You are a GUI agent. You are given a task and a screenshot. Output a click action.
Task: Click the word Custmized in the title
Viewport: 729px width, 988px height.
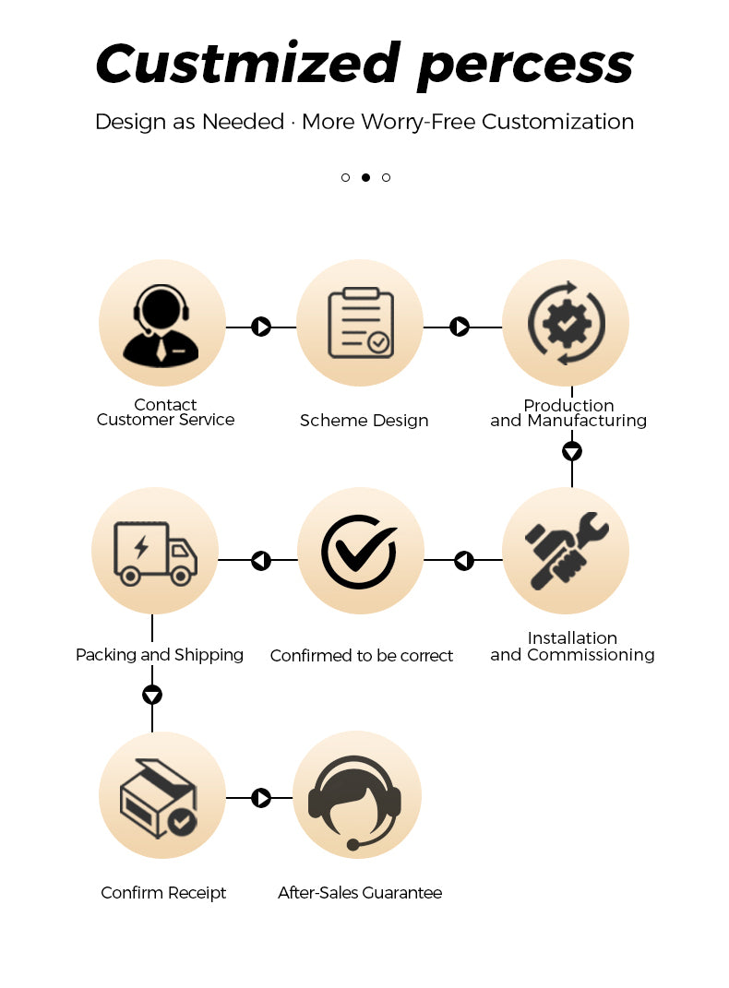click(247, 63)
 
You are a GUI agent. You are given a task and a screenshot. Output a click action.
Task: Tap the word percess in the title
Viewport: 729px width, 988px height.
click(525, 67)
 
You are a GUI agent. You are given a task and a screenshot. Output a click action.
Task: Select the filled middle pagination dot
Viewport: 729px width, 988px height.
click(365, 178)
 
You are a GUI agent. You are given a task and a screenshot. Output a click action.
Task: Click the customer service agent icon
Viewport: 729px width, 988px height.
click(161, 325)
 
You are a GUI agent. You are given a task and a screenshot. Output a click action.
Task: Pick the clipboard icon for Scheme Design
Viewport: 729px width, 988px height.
click(361, 323)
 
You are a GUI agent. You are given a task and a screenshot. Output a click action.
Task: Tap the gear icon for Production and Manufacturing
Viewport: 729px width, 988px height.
click(567, 323)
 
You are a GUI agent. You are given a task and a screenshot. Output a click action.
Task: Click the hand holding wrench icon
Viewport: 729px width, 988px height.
click(567, 551)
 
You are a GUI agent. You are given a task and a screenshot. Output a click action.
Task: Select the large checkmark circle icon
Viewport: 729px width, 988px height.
click(359, 552)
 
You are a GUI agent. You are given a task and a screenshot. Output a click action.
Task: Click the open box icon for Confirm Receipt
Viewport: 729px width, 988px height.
click(158, 798)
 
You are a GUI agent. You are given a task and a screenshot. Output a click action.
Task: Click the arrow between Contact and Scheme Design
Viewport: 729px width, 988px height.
click(261, 327)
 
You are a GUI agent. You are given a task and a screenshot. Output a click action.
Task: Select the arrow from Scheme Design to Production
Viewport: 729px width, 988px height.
click(460, 327)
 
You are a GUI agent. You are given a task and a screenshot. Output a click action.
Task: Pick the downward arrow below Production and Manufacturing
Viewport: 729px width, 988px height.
click(571, 451)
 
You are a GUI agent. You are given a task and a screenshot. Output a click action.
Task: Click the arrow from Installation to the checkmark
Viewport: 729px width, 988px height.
click(464, 560)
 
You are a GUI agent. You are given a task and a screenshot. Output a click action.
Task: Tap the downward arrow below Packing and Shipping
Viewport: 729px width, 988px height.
click(152, 695)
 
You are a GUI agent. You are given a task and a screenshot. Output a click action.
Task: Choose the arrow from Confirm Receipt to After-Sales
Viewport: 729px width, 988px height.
click(261, 798)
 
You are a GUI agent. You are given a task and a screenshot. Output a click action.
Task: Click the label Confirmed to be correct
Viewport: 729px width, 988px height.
click(362, 656)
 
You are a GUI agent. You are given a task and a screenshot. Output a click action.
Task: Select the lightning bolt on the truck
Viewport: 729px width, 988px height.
click(141, 547)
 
